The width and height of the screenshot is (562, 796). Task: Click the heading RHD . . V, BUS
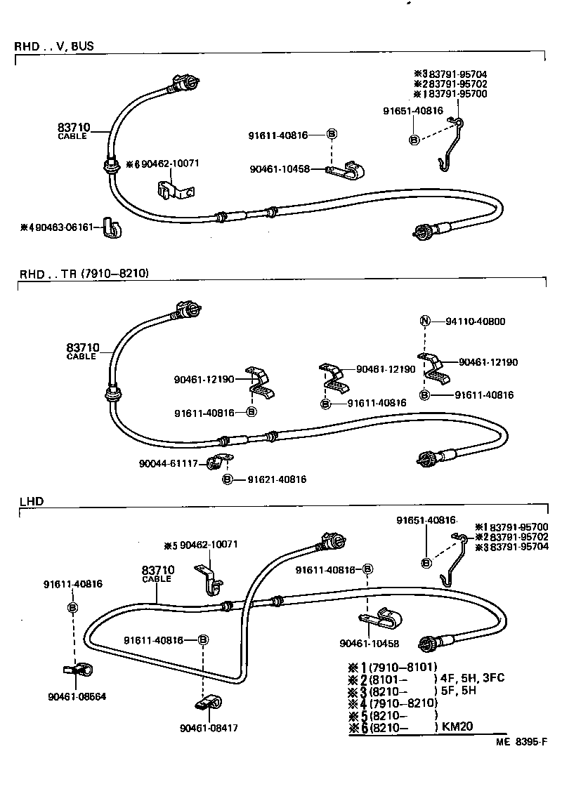coord(54,47)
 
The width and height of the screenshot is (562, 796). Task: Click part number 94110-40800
coord(475,321)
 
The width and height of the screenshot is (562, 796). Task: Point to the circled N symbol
coord(424,321)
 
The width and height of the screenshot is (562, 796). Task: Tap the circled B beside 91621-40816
coord(227,479)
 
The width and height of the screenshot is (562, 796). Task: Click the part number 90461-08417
coord(209,728)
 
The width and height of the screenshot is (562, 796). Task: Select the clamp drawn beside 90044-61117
coord(221,463)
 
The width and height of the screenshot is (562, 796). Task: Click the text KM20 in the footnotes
coord(459,728)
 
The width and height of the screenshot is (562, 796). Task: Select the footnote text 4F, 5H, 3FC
coord(472,678)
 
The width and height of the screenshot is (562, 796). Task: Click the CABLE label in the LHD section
coord(156,579)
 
